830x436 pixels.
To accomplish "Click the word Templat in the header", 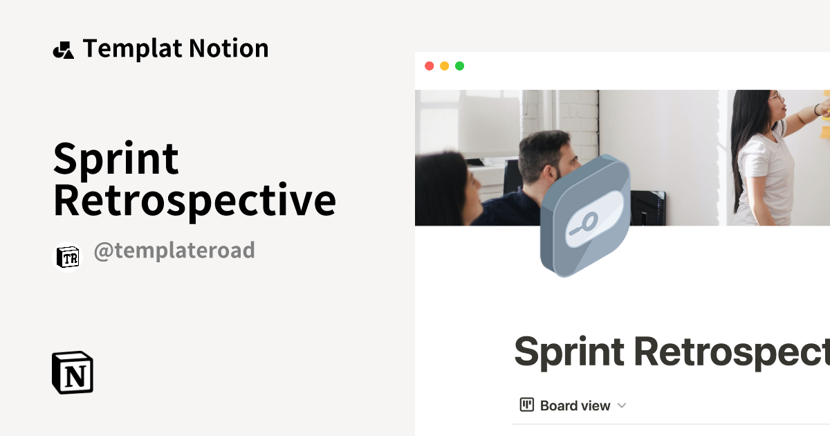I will pyautogui.click(x=131, y=49).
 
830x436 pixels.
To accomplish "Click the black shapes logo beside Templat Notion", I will pyautogui.click(x=63, y=50).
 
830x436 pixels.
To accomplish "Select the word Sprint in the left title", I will pyautogui.click(x=116, y=160).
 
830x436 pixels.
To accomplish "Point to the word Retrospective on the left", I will pyautogui.click(x=194, y=201).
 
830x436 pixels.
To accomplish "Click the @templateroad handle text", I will pyautogui.click(x=174, y=251).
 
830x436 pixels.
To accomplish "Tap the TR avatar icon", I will pyautogui.click(x=68, y=257).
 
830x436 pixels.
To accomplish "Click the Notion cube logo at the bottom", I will pyautogui.click(x=73, y=372).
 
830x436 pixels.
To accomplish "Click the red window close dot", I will pyautogui.click(x=429, y=66).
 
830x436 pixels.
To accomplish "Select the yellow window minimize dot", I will pyautogui.click(x=444, y=66).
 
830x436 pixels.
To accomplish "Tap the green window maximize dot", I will pyautogui.click(x=459, y=66).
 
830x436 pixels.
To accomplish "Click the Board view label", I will pyautogui.click(x=575, y=406).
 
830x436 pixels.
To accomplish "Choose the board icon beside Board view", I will pyautogui.click(x=527, y=405).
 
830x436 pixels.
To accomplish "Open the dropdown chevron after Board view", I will pyautogui.click(x=621, y=406).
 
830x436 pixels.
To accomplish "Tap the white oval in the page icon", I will pyautogui.click(x=592, y=219).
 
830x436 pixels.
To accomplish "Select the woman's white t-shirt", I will pyautogui.click(x=764, y=173).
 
